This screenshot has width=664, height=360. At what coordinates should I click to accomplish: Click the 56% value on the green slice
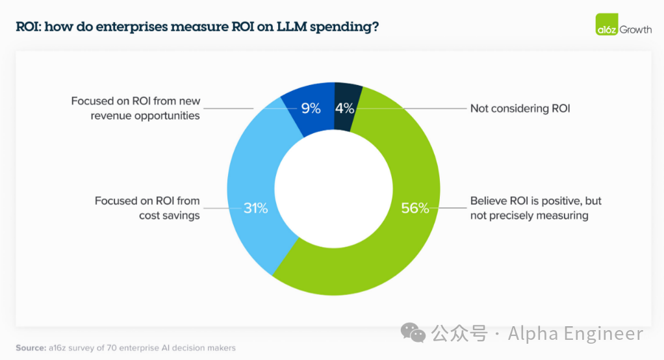pyautogui.click(x=415, y=208)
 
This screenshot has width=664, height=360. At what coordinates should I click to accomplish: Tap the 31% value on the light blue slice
pyautogui.click(x=255, y=208)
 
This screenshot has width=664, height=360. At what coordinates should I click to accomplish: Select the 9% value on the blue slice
pyautogui.click(x=311, y=109)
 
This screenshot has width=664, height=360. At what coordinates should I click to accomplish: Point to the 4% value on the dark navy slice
pyautogui.click(x=344, y=109)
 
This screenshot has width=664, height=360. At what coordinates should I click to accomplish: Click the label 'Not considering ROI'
pyautogui.click(x=520, y=109)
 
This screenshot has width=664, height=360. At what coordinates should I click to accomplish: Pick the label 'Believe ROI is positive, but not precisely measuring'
pyautogui.click(x=536, y=208)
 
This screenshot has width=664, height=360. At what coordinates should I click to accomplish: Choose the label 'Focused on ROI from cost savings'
pyautogui.click(x=147, y=208)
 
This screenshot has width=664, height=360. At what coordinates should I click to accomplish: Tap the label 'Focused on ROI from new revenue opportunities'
pyautogui.click(x=136, y=109)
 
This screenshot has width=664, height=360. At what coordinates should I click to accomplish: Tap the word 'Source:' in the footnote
pyautogui.click(x=31, y=348)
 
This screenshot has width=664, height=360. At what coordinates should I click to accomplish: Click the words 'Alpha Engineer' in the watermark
pyautogui.click(x=575, y=334)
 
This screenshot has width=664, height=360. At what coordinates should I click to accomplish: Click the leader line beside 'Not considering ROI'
pyautogui.click(x=409, y=109)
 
